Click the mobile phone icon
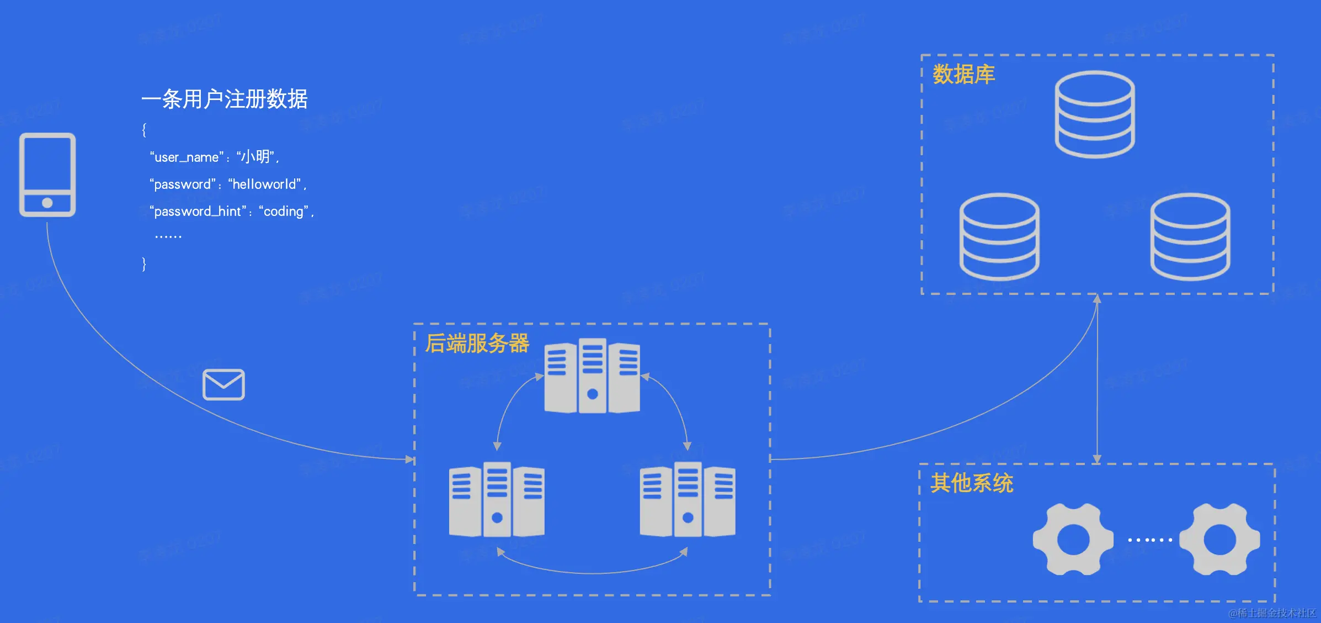(x=47, y=175)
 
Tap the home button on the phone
(x=47, y=203)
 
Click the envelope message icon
(x=223, y=384)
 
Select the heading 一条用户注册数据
(x=224, y=99)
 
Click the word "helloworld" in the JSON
(x=264, y=184)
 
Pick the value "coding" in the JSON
(x=284, y=212)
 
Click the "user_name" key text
(x=187, y=157)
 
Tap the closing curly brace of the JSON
(x=144, y=264)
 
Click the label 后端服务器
(x=477, y=344)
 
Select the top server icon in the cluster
(x=592, y=376)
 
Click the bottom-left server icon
(x=497, y=499)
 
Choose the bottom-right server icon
(x=688, y=499)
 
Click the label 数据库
(x=963, y=75)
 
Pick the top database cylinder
(x=1095, y=114)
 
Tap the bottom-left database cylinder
(x=999, y=236)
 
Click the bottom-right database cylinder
(x=1190, y=236)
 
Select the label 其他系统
(x=972, y=483)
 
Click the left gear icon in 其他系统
(x=1073, y=539)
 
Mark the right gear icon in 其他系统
(x=1219, y=539)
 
